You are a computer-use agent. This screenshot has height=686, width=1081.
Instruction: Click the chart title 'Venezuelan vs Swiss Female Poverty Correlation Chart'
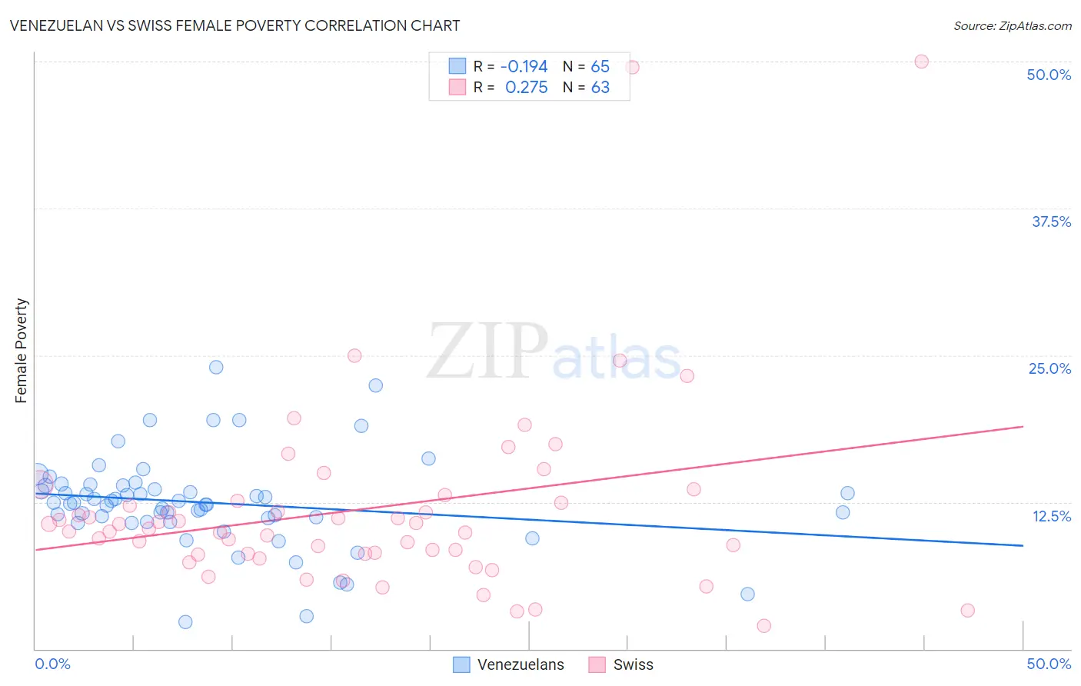pos(234,25)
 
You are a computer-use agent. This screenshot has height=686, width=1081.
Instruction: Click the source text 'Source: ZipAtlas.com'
pos(1012,25)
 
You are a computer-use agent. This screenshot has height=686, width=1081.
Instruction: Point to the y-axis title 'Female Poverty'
pos(21,351)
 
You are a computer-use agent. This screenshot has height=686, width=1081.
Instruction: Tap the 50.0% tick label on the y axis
pos(1049,75)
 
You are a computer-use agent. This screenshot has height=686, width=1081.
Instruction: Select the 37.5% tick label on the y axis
pos(1050,221)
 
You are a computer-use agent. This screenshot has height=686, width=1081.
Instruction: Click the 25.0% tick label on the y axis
pos(1049,368)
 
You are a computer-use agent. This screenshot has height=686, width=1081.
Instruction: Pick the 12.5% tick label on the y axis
pos(1051,516)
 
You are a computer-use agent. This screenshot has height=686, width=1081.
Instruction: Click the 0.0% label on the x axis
pos(52,664)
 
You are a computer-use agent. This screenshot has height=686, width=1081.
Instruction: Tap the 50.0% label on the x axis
pos(1049,664)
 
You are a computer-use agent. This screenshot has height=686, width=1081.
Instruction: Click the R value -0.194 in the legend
pos(524,67)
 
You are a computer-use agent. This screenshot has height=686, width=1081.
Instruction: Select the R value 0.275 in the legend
pos(526,88)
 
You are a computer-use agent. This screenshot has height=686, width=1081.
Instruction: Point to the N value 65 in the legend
pos(600,67)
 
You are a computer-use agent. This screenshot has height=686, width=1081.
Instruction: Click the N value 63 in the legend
pos(600,88)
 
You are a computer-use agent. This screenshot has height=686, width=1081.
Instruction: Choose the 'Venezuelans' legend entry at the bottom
pos(520,665)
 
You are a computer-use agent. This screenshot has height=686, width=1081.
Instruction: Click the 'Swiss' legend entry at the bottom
pos(632,665)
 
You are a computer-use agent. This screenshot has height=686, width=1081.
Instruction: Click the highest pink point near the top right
pos(921,62)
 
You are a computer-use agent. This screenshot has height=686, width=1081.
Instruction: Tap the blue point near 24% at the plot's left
pos(216,368)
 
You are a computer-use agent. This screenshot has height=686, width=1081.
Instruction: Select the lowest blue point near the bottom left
pos(185,622)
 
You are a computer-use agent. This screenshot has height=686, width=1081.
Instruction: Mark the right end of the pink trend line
pos(1023,426)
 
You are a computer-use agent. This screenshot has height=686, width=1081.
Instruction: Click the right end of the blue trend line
pos(1023,545)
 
